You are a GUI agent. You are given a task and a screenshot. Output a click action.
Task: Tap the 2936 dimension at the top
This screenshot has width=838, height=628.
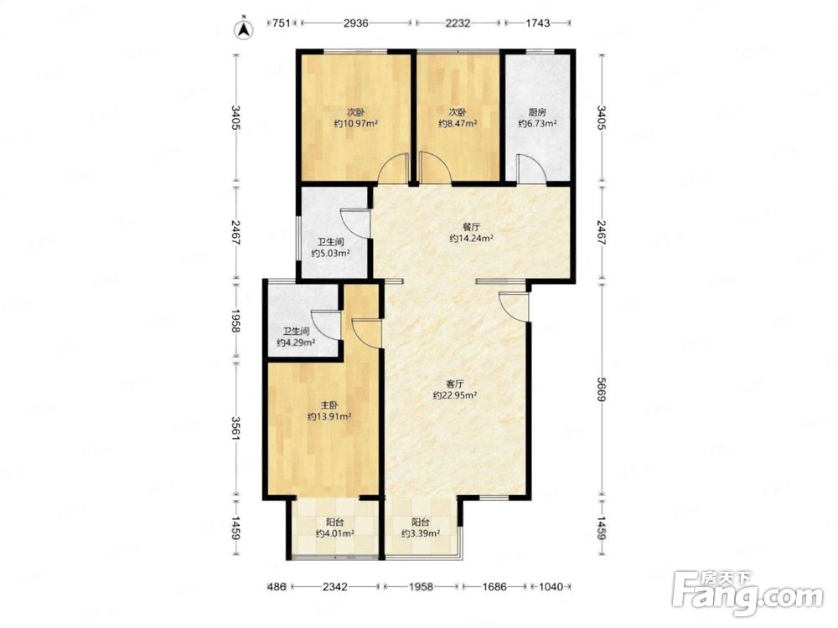pos(356,23)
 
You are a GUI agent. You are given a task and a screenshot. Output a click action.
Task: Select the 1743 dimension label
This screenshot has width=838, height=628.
pos(537,23)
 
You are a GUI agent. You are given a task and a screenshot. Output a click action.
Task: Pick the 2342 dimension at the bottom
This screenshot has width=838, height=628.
pos(335,587)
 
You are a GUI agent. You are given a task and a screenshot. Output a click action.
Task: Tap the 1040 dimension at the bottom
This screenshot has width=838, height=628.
pos(551,587)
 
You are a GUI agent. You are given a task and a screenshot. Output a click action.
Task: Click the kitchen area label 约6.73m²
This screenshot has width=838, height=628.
pos(537,124)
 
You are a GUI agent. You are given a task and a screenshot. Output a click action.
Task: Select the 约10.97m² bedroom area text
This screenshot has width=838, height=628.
pos(356,124)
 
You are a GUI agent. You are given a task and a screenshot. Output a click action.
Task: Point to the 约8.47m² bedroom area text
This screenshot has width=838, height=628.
pos(458,124)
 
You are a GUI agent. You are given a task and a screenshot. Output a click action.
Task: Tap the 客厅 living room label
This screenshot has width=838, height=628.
pos(455,384)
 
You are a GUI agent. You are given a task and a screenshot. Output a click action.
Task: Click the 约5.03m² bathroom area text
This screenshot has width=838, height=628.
pos(330,254)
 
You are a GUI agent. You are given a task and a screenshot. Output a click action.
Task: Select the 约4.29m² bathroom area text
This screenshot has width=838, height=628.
pos(296,342)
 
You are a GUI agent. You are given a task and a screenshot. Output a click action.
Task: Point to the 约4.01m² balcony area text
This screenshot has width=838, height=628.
pos(334,533)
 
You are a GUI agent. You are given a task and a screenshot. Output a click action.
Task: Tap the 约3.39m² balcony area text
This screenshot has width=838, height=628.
pos(421,533)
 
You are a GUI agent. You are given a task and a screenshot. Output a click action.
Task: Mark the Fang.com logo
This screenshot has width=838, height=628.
pos(747,593)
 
